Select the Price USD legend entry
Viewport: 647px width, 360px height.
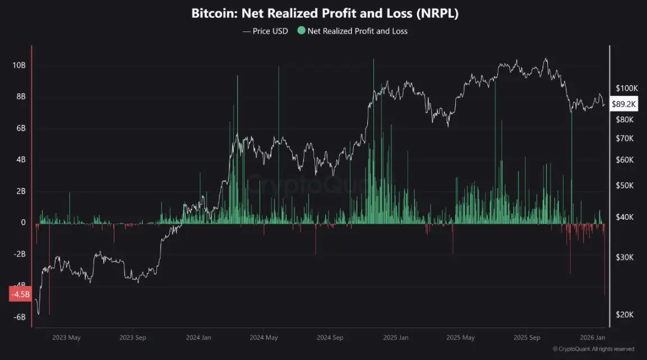pos(265,31)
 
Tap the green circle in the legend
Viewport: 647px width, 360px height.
pos(301,31)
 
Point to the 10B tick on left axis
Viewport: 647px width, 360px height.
pos(19,66)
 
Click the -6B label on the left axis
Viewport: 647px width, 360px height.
pos(19,317)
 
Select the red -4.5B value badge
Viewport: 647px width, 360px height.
pos(20,294)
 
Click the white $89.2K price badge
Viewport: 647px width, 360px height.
pos(623,104)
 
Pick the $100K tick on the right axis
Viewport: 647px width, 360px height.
pos(627,89)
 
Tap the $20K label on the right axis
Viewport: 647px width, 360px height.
pos(625,315)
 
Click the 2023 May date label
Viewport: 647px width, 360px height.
pos(66,338)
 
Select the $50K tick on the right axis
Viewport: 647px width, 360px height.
pos(625,186)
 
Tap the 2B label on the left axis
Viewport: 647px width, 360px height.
pos(21,191)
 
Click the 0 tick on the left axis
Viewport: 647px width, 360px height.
pos(24,223)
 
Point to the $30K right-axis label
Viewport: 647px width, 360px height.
pos(625,257)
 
